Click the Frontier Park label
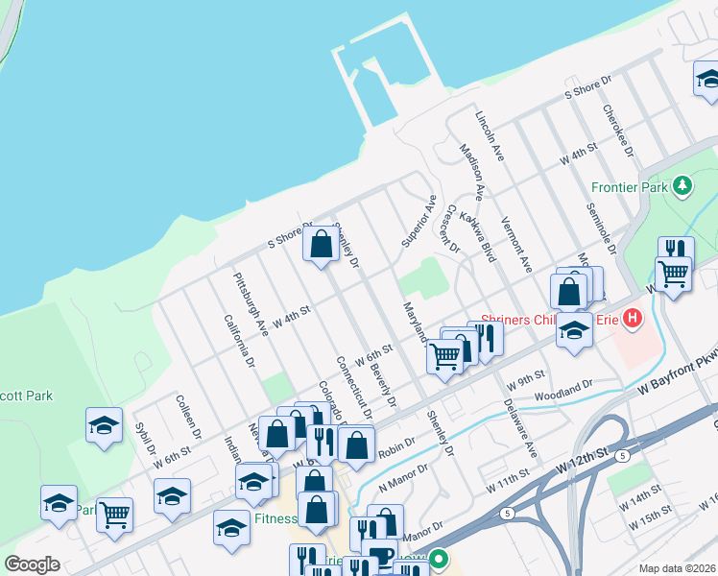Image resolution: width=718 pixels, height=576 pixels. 629,187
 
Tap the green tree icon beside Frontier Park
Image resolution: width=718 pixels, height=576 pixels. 682,185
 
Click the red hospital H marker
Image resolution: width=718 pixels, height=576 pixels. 632,318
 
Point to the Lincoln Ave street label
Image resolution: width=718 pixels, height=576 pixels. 490,134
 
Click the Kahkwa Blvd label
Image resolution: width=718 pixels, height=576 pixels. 476,238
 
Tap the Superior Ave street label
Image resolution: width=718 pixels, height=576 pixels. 419,220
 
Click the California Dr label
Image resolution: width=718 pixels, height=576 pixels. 238,342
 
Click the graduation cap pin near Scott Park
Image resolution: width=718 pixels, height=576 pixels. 104,425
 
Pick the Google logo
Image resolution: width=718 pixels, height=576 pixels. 32,564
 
